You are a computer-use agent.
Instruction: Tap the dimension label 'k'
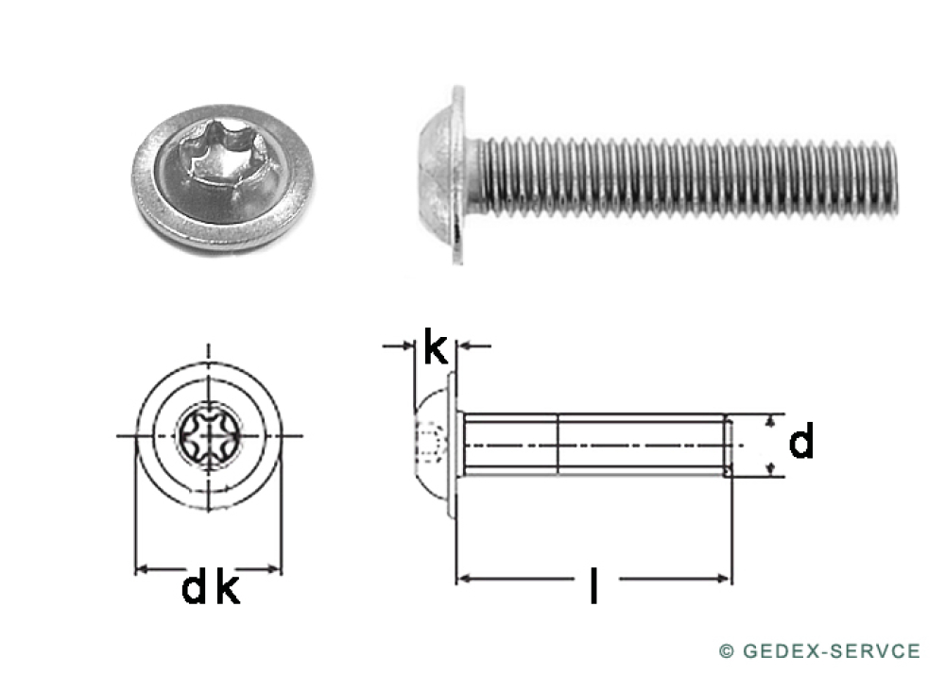click(x=435, y=347)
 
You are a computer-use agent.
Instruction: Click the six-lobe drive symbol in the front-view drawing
click(x=207, y=435)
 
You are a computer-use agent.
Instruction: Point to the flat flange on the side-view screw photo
click(x=458, y=175)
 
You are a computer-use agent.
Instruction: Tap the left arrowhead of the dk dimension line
click(x=142, y=569)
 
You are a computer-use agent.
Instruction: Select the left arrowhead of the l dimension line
click(x=463, y=578)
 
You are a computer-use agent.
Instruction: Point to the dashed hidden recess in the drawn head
click(x=432, y=443)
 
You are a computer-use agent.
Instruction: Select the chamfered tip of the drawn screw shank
click(x=728, y=445)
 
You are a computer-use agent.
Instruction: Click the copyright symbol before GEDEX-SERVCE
click(x=726, y=651)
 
